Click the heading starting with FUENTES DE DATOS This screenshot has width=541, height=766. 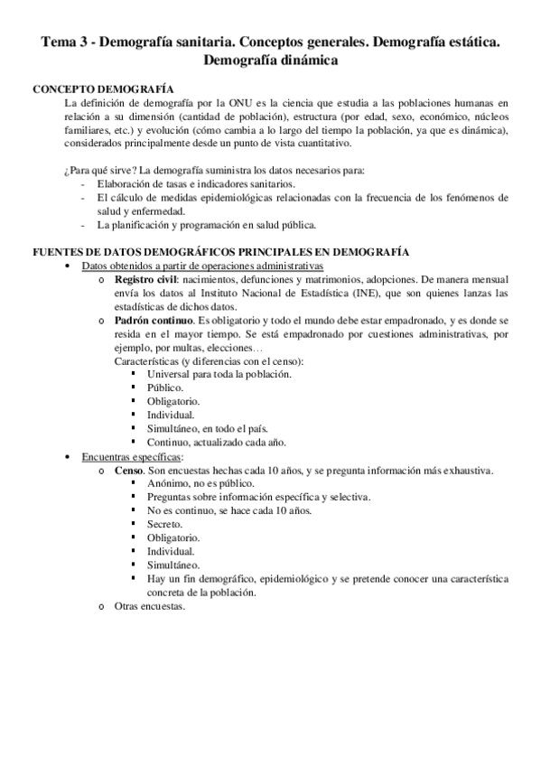click(220, 251)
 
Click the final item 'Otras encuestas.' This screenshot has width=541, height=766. click(150, 606)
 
